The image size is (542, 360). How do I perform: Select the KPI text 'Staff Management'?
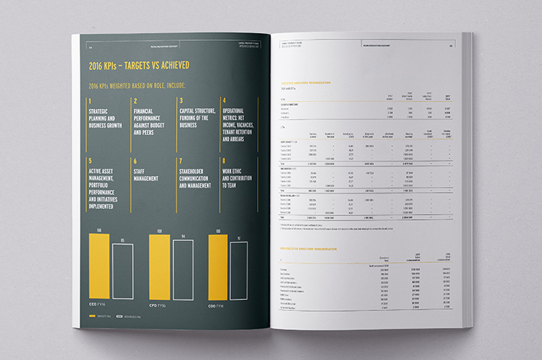coord(148,172)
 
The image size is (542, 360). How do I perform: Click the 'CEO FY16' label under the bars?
coord(97,305)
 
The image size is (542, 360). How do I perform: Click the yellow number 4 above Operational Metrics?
coord(224,101)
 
